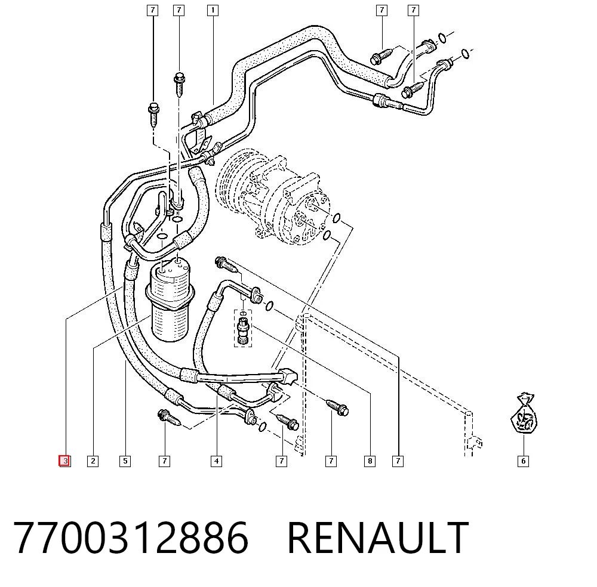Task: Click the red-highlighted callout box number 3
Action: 64,461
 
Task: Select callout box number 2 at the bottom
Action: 93,461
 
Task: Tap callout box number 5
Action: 125,461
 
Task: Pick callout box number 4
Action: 216,461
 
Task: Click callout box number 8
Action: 370,461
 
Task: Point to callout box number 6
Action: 523,461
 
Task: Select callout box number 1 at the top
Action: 213,10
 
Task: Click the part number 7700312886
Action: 131,537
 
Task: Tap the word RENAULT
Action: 378,537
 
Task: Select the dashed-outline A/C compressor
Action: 273,196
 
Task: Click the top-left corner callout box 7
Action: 152,10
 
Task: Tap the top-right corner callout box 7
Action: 414,10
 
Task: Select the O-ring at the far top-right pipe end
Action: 465,54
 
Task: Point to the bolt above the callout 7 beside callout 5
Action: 168,418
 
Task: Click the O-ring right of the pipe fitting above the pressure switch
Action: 269,305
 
